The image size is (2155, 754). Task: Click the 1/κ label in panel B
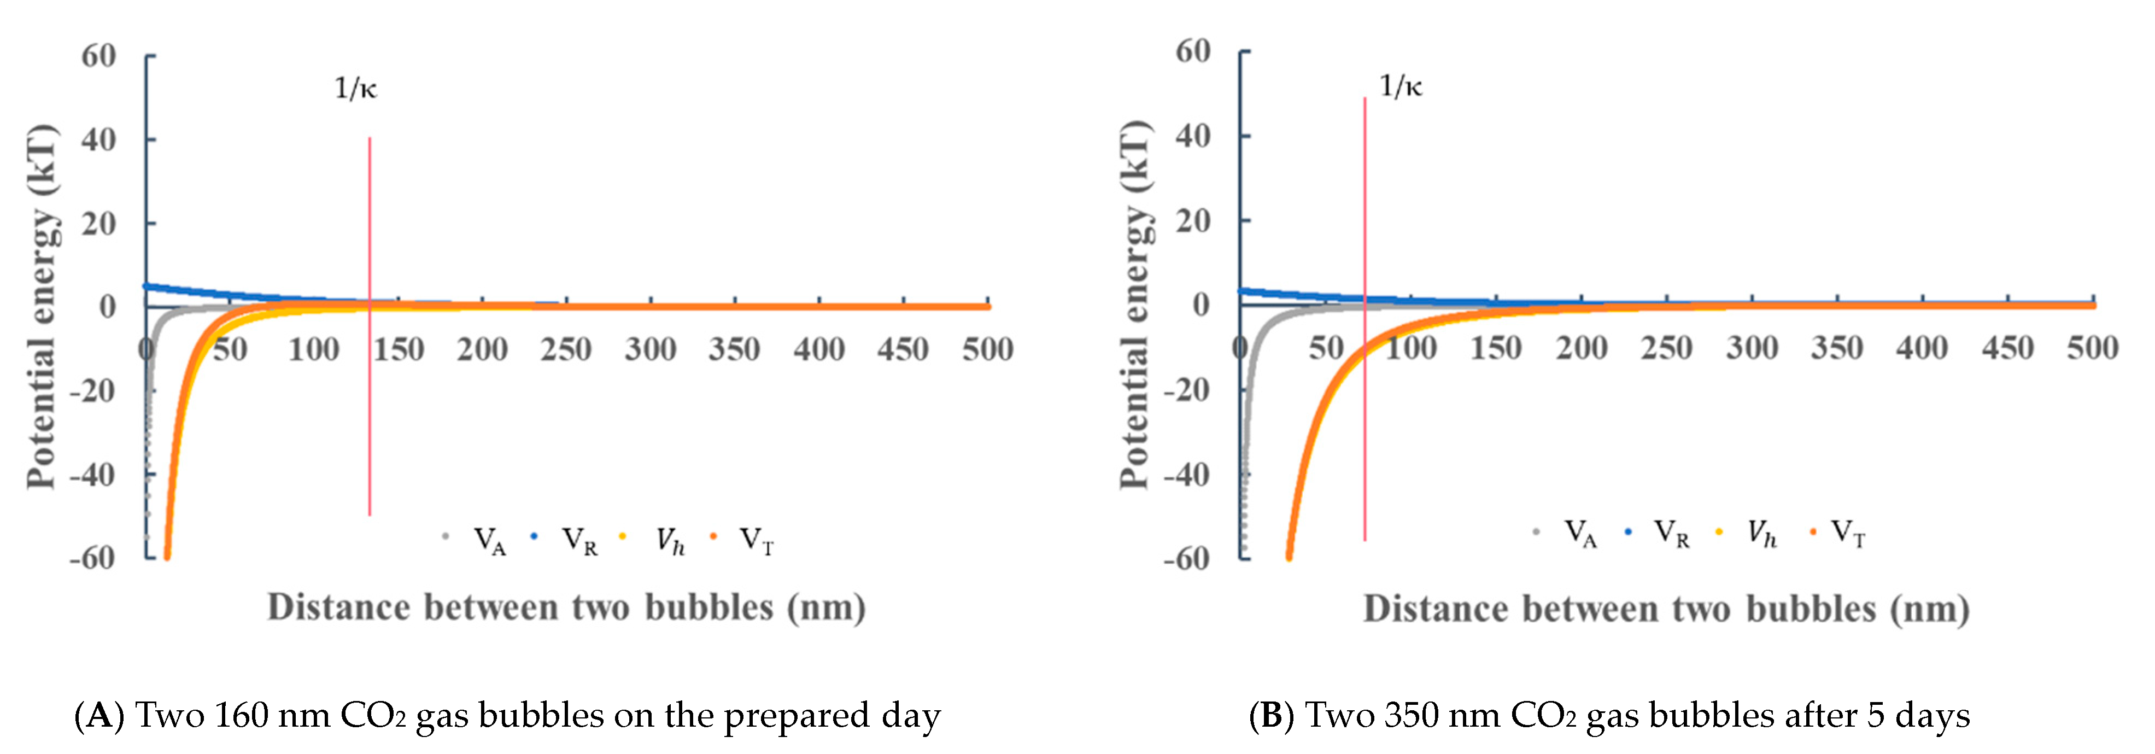tap(1401, 86)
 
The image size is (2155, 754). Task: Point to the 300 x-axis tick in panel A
tap(650, 349)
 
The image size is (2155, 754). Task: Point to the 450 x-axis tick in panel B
tap(2007, 347)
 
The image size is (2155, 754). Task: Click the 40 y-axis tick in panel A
tap(99, 140)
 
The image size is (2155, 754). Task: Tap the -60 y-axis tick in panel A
tap(92, 557)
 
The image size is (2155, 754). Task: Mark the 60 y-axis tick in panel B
tap(1193, 52)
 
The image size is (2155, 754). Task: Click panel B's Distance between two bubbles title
tap(1666, 609)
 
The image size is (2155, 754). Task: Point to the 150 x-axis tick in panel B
tap(1496, 347)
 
